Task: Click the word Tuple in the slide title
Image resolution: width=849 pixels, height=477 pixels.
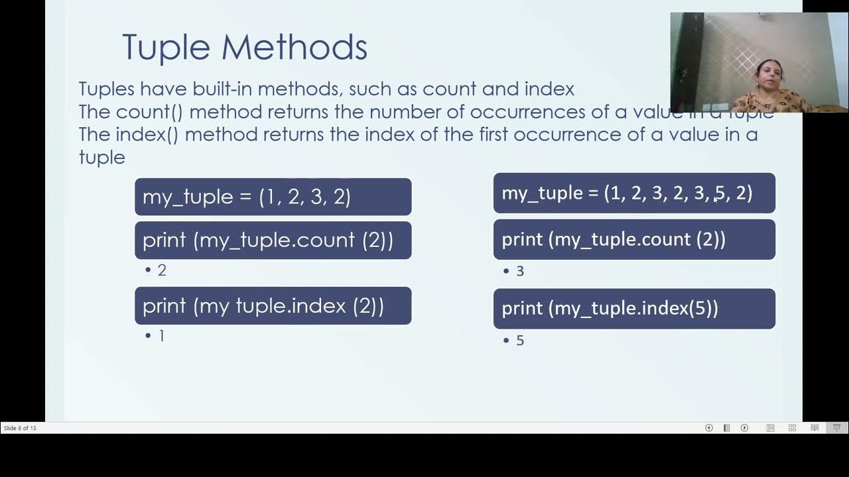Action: point(166,48)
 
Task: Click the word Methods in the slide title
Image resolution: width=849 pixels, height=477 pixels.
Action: point(294,48)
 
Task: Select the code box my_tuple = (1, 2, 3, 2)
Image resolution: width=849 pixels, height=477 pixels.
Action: point(273,197)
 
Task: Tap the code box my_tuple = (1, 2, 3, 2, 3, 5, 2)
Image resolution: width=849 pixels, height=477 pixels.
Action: point(634,193)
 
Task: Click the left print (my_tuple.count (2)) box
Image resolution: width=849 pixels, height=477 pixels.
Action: point(273,240)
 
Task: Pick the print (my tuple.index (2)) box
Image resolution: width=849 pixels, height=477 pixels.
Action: point(273,305)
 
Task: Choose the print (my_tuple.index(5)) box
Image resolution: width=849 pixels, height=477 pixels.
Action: point(634,308)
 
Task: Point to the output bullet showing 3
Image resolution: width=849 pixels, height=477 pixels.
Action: point(519,271)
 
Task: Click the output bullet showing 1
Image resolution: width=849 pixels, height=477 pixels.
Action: point(161,336)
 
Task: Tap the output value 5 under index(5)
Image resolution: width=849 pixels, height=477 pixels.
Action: point(519,341)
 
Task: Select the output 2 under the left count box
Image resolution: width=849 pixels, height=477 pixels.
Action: point(161,270)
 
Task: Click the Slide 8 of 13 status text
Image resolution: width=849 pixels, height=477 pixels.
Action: point(20,428)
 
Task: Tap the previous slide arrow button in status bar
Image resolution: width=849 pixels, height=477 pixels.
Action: point(709,428)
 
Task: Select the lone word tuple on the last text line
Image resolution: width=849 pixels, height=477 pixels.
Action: point(101,157)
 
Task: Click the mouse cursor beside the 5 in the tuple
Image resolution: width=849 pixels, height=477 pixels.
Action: point(716,199)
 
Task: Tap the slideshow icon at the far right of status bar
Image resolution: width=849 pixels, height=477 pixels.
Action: point(836,428)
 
